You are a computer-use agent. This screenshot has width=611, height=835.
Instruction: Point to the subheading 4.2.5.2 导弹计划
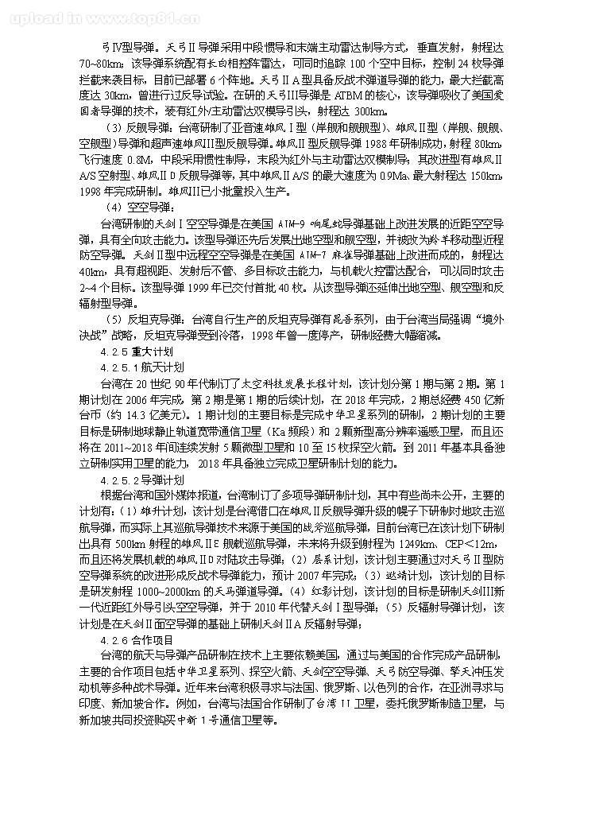(x=143, y=481)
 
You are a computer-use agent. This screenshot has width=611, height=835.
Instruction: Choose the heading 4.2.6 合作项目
(x=138, y=639)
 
